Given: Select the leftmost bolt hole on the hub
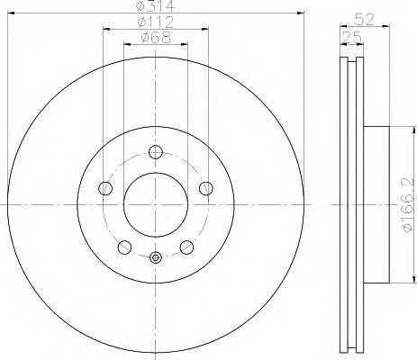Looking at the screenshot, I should point(104,188).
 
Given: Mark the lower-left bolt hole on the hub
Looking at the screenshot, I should point(124,247).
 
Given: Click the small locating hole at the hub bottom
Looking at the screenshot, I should point(155,259).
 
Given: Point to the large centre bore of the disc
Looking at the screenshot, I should point(155,204).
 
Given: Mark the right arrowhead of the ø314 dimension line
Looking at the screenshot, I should point(302,13).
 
